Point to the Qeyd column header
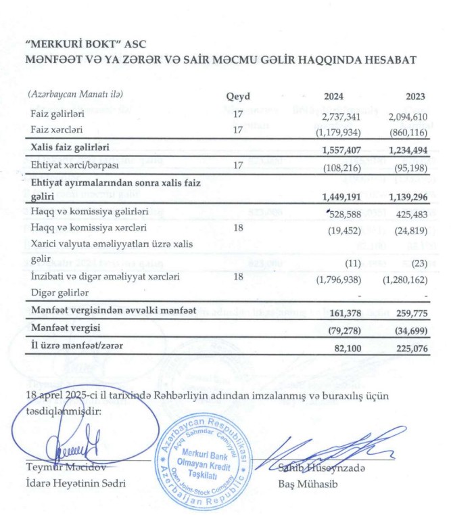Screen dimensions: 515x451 click(237, 96)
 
